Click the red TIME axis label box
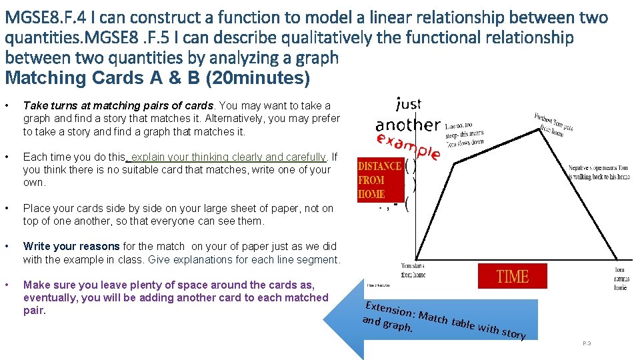pos(512,276)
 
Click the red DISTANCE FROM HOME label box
pos(380,180)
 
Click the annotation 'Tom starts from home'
pos(413,270)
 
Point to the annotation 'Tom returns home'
pos(619,278)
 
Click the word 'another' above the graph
pos(407,125)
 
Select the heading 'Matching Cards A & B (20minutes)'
pos(157,78)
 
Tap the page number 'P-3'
pos(587,343)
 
